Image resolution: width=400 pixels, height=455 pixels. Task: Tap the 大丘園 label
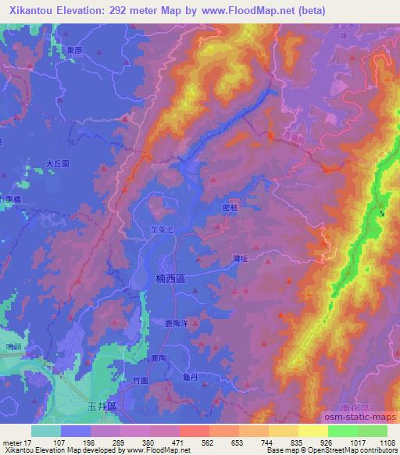pyautogui.click(x=58, y=164)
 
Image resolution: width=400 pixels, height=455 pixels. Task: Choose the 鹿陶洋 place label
pyautogui.click(x=177, y=322)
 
